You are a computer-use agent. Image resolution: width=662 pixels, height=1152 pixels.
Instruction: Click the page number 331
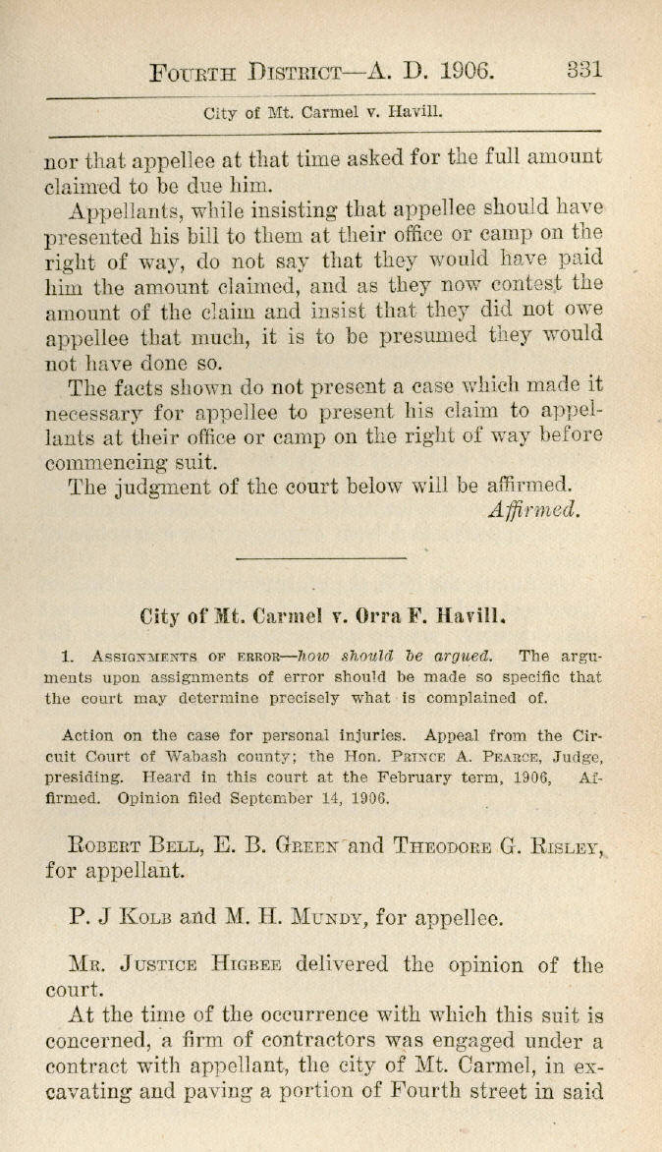pyautogui.click(x=584, y=70)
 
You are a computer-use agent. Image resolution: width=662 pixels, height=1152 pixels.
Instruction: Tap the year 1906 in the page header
pyautogui.click(x=466, y=71)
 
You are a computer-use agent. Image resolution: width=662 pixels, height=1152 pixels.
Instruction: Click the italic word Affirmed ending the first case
pyautogui.click(x=534, y=509)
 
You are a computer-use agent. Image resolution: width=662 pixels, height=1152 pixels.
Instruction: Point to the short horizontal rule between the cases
pyautogui.click(x=320, y=558)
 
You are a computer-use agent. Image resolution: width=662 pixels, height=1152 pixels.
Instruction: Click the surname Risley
pyautogui.click(x=565, y=843)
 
